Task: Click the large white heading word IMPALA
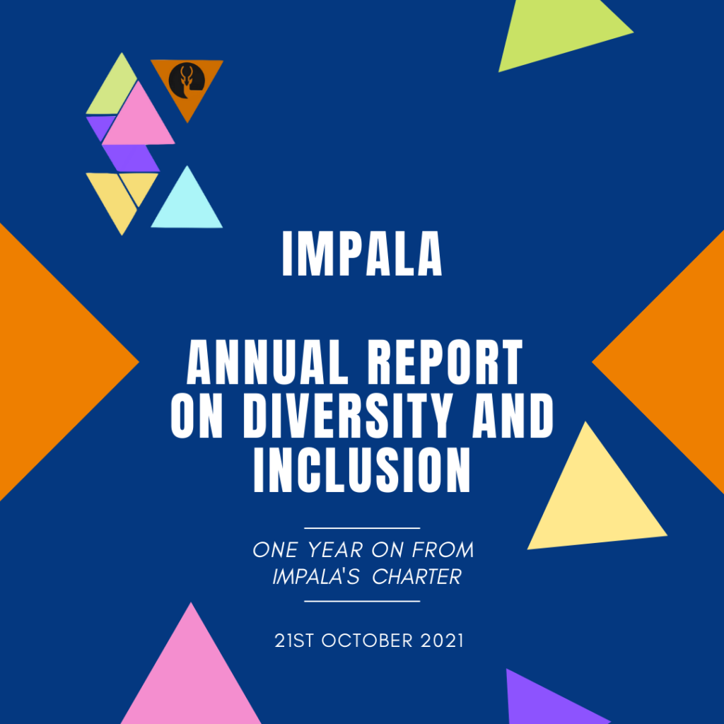362,254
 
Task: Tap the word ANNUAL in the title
267,362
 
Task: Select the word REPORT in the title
445,362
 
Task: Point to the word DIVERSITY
347,416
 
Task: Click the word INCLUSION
362,470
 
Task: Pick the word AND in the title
513,416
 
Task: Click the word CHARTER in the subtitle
416,577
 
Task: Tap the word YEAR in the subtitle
335,550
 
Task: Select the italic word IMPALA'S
316,577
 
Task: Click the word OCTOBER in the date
367,641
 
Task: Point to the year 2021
442,641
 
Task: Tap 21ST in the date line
294,641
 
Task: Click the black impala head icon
187,81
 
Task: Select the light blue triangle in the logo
187,202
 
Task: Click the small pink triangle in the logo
138,118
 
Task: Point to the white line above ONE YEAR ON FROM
362,527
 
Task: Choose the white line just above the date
362,601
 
